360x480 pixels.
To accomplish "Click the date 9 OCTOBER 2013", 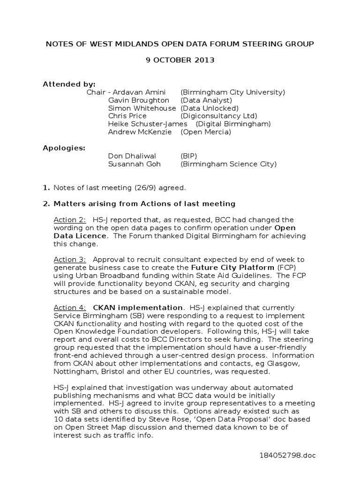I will click(x=180, y=60).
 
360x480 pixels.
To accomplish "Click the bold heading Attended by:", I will click(x=69, y=84).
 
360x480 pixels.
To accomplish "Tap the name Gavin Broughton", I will click(x=139, y=100).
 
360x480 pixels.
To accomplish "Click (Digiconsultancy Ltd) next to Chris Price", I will click(x=219, y=116).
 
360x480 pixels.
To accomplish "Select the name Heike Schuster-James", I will click(x=148, y=124).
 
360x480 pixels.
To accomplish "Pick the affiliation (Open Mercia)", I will click(x=206, y=132).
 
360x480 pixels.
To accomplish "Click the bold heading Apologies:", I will click(x=64, y=148).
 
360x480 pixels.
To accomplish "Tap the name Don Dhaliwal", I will click(x=132, y=156).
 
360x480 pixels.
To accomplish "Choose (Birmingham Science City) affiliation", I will click(x=228, y=164).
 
